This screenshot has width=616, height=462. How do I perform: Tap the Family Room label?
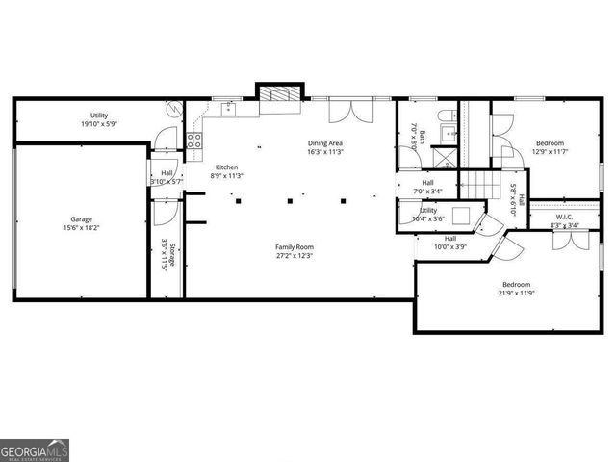[295, 247]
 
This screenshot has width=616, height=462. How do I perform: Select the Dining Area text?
[325, 143]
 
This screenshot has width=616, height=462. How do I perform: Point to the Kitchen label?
[226, 167]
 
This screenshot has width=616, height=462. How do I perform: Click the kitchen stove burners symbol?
[193, 141]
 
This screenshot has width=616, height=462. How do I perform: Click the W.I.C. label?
[564, 216]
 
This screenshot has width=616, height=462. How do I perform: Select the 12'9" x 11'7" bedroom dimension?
[551, 151]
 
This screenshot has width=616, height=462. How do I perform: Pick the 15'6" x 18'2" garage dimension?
[82, 228]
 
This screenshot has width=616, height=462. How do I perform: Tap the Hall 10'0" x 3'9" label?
[450, 242]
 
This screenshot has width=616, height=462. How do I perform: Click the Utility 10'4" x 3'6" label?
[428, 215]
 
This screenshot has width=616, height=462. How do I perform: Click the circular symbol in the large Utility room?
[171, 110]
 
